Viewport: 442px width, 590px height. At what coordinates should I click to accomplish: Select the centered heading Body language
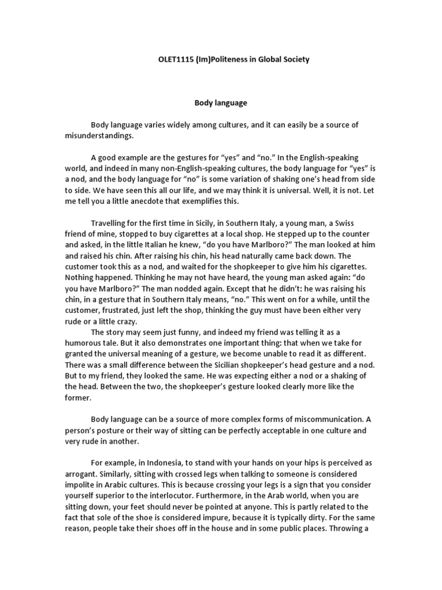coord(219,103)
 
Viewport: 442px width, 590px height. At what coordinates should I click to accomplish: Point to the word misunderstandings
coord(100,135)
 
